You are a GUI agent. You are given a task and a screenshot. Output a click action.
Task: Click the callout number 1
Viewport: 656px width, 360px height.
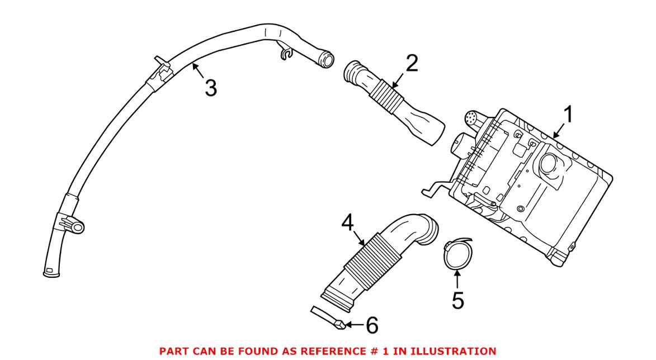568,116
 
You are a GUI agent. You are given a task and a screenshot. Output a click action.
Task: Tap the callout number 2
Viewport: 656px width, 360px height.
411,64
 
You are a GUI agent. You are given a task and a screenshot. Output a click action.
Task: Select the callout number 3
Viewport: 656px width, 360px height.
210,88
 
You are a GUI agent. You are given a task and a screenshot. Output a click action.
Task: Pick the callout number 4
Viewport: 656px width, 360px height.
348,225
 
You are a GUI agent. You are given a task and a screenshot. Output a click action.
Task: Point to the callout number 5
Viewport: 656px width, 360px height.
457,300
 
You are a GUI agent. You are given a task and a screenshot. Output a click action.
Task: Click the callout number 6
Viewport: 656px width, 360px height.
371,324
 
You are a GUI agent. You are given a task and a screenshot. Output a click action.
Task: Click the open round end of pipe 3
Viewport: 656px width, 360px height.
327,58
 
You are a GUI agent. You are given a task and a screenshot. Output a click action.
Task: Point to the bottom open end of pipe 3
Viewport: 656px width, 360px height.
50,273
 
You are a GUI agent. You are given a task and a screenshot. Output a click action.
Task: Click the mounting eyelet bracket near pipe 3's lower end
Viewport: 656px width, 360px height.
77,226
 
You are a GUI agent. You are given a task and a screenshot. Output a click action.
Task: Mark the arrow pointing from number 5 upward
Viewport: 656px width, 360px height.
457,280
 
